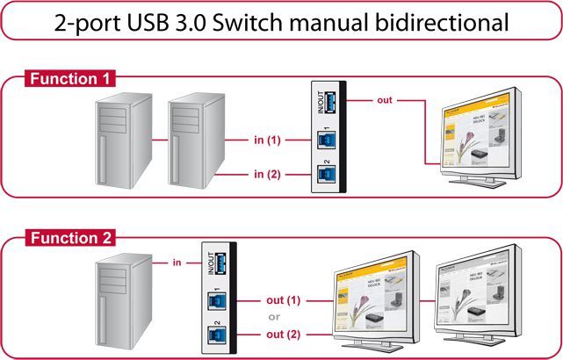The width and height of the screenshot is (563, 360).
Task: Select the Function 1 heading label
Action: click(x=70, y=79)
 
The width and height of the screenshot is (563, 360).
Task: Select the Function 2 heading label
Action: click(x=70, y=238)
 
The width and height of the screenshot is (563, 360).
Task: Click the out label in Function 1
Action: click(x=384, y=100)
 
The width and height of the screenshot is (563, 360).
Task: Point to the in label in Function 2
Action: click(x=177, y=261)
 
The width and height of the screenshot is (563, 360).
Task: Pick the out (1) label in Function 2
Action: click(x=282, y=300)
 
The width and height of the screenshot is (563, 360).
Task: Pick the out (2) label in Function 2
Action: click(x=282, y=335)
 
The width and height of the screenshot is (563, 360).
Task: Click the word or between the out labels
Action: click(x=275, y=318)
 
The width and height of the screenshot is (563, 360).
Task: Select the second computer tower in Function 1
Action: click(x=195, y=140)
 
